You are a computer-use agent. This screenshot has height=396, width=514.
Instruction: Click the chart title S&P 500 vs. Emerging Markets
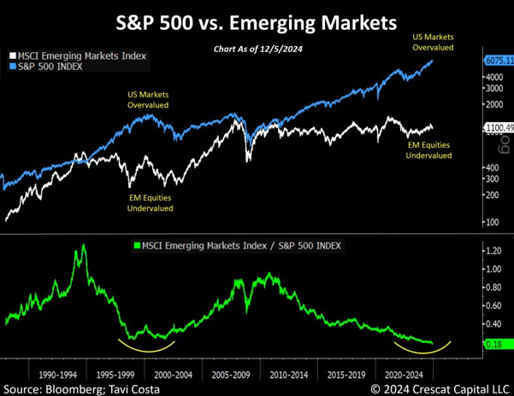click(x=257, y=18)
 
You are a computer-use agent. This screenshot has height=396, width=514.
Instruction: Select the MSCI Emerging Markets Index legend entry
click(x=81, y=55)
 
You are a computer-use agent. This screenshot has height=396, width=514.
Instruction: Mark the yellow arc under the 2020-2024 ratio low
click(x=422, y=349)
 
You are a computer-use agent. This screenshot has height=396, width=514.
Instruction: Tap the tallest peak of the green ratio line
click(x=84, y=246)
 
